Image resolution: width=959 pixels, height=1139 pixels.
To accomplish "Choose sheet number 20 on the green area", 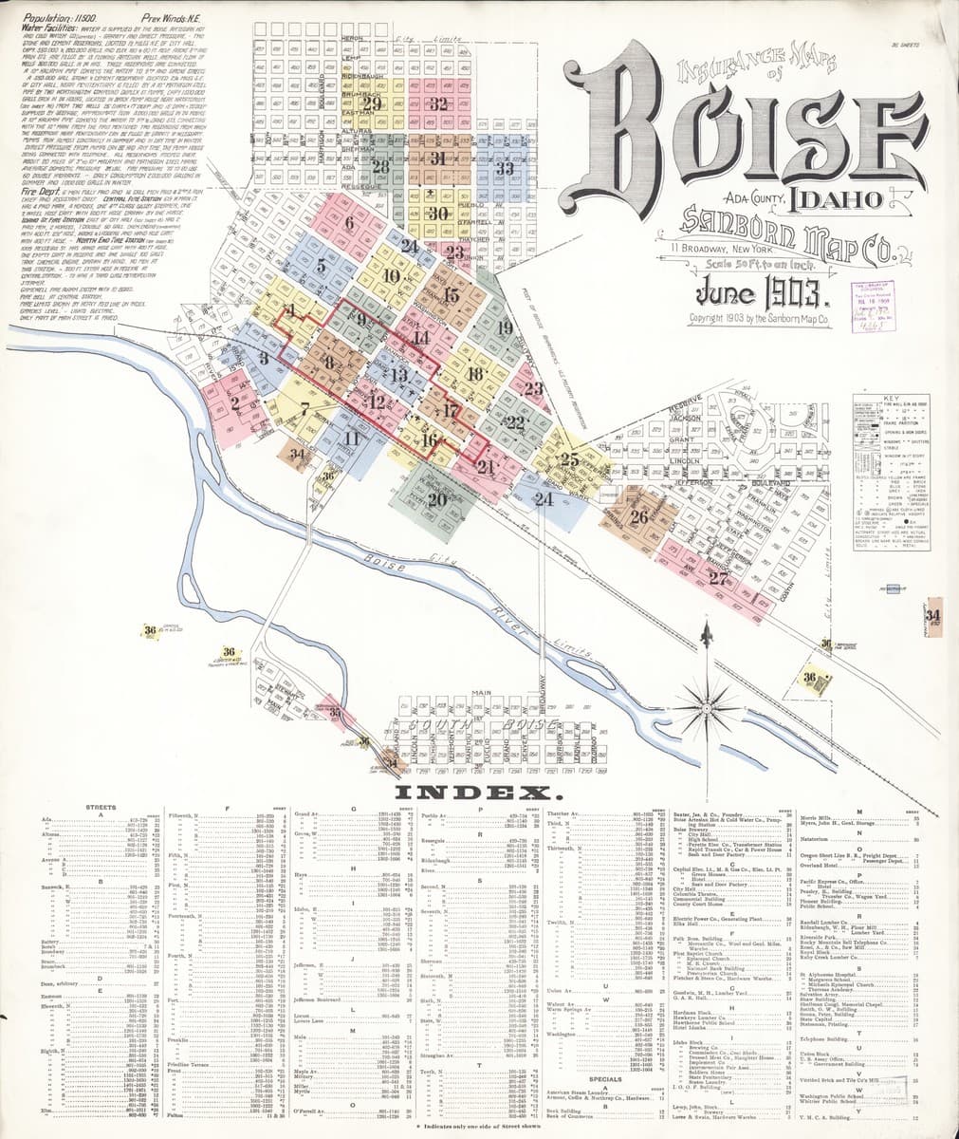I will click(437, 499).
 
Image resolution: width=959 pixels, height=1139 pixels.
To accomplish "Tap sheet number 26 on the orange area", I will click(638, 517).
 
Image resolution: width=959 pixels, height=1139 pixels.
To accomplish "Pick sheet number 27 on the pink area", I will click(719, 578).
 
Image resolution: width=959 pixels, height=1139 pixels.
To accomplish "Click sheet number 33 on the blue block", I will click(505, 167).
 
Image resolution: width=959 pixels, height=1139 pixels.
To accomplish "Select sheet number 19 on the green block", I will click(504, 328).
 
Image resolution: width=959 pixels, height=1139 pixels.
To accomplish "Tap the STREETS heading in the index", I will click(101, 808).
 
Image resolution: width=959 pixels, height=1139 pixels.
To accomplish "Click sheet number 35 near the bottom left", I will click(334, 713).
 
